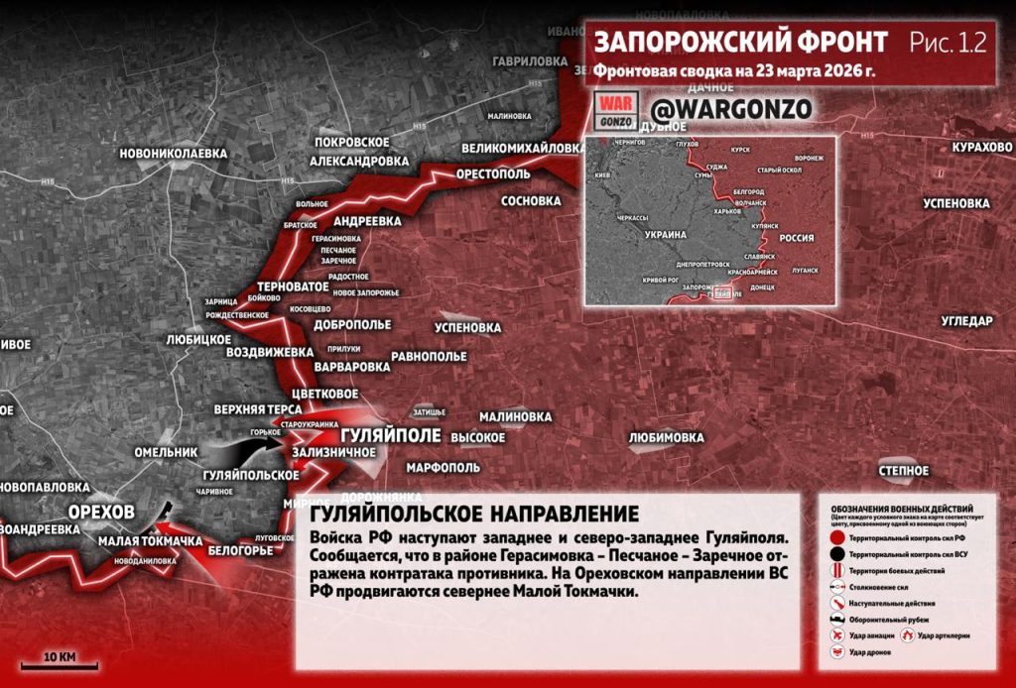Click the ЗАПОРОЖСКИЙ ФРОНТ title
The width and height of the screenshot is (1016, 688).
739,43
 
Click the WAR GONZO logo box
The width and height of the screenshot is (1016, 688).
612,111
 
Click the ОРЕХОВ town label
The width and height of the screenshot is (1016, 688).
100,511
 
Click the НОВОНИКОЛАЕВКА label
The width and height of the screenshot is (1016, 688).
173,154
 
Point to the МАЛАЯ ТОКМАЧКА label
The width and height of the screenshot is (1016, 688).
150,541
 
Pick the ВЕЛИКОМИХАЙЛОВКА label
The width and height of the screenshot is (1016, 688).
522,149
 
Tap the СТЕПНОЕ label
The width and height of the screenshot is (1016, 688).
903,470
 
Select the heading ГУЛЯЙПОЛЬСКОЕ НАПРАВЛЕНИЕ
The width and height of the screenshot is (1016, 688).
474,515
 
